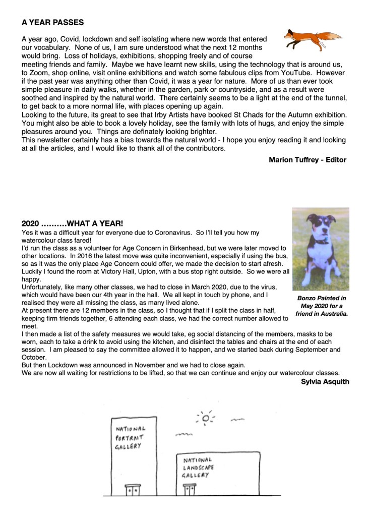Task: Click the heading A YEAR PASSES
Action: click(x=53, y=23)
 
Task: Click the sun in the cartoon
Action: click(x=205, y=418)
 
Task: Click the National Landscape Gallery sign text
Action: click(x=199, y=468)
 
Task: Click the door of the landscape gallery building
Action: click(x=190, y=490)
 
